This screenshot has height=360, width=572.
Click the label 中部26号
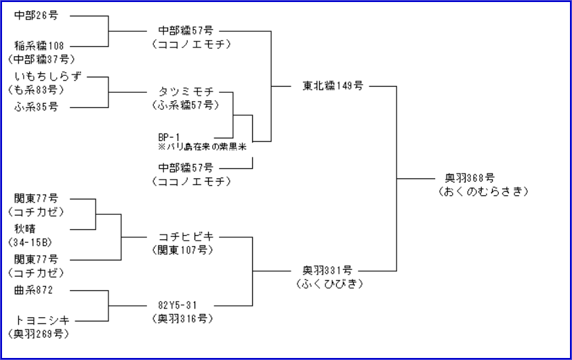(x=37, y=14)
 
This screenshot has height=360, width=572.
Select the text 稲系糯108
(x=39, y=45)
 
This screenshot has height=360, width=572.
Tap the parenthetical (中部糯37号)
(x=41, y=59)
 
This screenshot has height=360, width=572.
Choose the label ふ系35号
(x=37, y=106)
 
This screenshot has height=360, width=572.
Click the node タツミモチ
(x=186, y=92)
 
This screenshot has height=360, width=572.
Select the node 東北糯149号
(x=333, y=86)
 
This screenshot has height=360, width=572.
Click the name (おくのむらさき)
(x=483, y=192)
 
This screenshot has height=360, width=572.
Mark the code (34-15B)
(x=30, y=242)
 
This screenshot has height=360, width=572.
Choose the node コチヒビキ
(x=186, y=237)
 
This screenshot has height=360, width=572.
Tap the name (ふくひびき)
(x=329, y=284)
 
